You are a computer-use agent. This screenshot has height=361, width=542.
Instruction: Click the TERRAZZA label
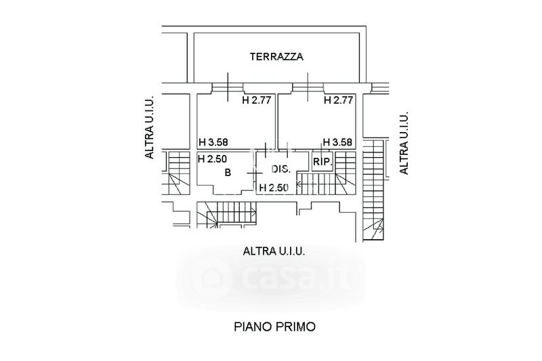tap(276, 57)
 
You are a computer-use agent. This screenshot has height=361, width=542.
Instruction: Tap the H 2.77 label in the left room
tap(257, 101)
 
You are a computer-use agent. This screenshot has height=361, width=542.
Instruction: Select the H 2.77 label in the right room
tap(338, 101)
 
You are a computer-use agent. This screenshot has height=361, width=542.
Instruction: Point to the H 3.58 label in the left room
tap(213, 142)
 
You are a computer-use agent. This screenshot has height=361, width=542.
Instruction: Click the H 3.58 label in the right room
tap(337, 142)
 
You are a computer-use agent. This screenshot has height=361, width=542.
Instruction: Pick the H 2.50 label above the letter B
tap(213, 160)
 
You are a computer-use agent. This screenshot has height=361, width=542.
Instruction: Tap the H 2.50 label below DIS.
tap(274, 187)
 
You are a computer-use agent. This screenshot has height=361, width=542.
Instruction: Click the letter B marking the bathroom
tap(228, 173)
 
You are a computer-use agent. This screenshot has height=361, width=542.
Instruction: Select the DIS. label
tap(280, 169)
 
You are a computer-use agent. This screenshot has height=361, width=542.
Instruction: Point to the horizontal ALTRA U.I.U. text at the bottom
tap(274, 251)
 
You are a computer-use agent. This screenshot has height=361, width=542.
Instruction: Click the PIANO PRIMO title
tap(275, 326)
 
